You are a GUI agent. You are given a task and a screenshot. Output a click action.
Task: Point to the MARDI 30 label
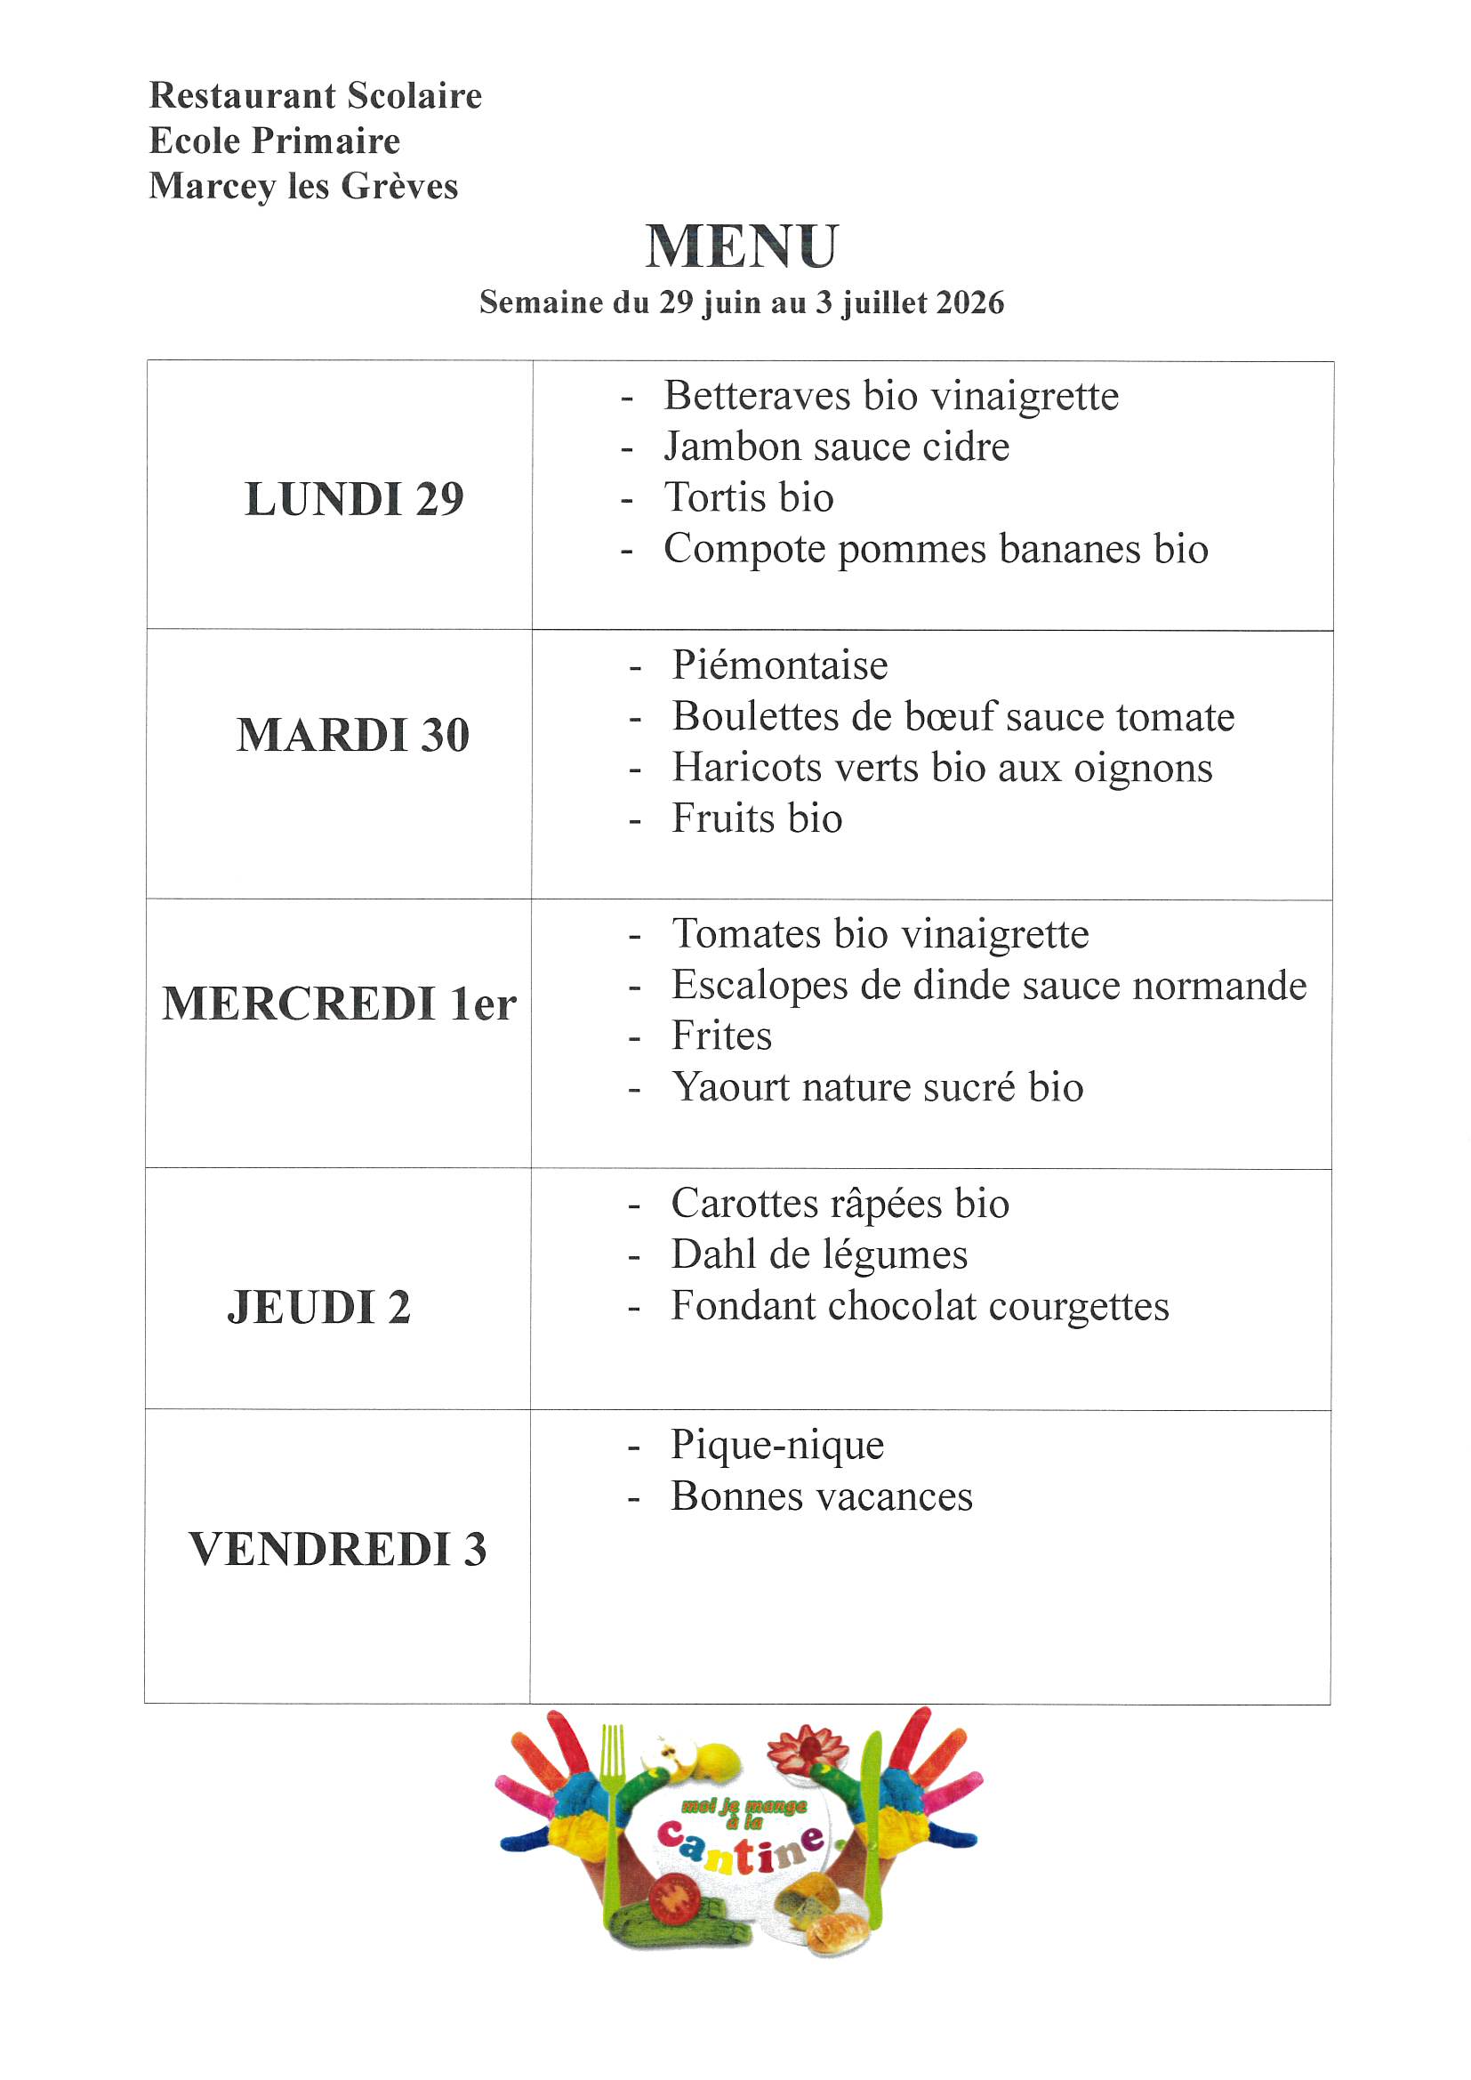click(353, 735)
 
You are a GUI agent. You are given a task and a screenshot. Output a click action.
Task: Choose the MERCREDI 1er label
click(339, 1004)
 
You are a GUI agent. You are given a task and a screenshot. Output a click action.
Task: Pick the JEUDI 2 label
click(319, 1307)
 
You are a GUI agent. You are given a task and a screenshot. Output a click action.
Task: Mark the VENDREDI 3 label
click(337, 1549)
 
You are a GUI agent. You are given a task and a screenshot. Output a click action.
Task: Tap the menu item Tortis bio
click(748, 497)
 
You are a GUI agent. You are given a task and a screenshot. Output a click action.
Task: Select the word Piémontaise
click(780, 665)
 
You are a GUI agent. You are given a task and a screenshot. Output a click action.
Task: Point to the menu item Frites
click(721, 1036)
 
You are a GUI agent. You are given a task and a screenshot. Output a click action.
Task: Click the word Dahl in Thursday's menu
click(713, 1254)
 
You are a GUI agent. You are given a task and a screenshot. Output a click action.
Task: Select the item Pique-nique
click(777, 1445)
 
